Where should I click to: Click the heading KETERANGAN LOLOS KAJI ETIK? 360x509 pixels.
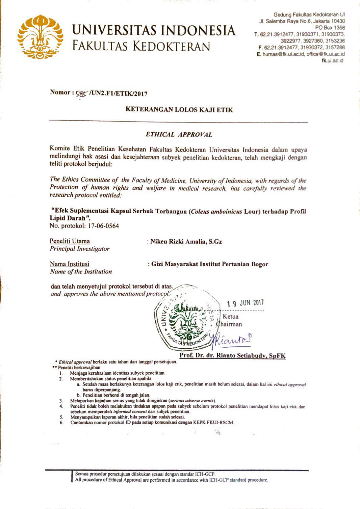(179, 109)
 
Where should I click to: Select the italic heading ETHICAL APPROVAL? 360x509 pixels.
(179, 134)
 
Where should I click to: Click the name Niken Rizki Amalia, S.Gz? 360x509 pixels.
(186, 241)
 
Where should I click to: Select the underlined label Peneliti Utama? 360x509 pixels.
(70, 241)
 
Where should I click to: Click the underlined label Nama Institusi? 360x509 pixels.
(70, 264)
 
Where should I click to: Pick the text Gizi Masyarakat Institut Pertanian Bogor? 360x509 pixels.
(210, 264)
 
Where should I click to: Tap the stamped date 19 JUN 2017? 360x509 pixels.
(246, 303)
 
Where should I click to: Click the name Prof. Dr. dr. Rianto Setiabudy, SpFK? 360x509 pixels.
(233, 355)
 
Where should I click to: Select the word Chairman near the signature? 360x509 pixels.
(230, 324)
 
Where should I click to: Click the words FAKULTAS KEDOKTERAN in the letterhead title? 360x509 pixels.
(141, 46)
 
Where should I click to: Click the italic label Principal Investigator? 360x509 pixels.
(80, 249)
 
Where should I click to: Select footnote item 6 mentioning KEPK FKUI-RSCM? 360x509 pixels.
(152, 422)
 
